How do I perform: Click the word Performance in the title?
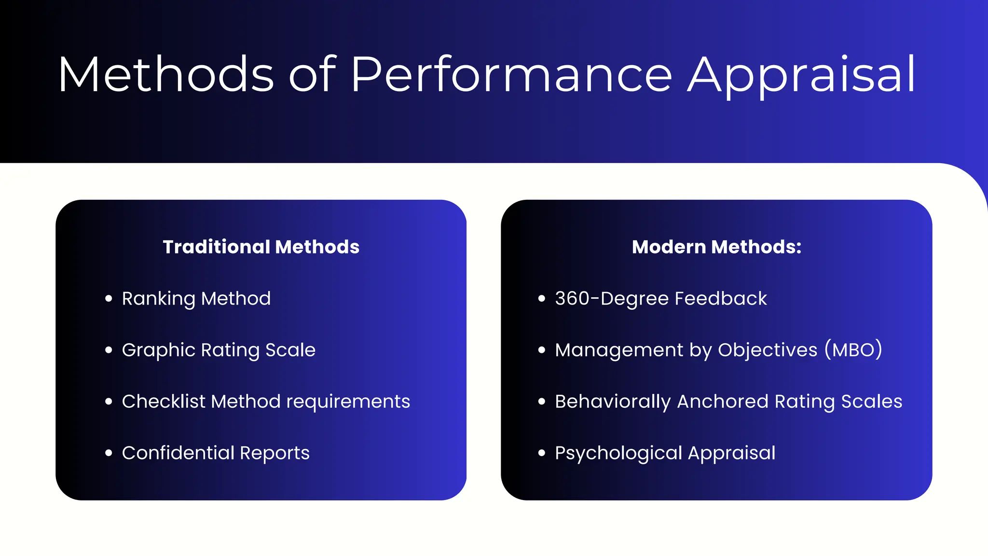511,75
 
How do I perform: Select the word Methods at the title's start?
166,75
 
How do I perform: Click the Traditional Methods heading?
261,247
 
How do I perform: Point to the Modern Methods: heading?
716,247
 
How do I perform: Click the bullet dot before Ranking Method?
109,299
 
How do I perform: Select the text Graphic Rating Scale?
219,350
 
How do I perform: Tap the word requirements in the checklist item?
348,402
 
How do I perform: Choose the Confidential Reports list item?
216,453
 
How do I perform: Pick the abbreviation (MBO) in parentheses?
853,350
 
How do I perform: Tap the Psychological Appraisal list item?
665,453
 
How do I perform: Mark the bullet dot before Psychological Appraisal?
542,453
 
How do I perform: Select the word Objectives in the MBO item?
768,350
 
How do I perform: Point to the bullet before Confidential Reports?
109,453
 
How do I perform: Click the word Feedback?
721,298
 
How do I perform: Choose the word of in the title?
312,75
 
